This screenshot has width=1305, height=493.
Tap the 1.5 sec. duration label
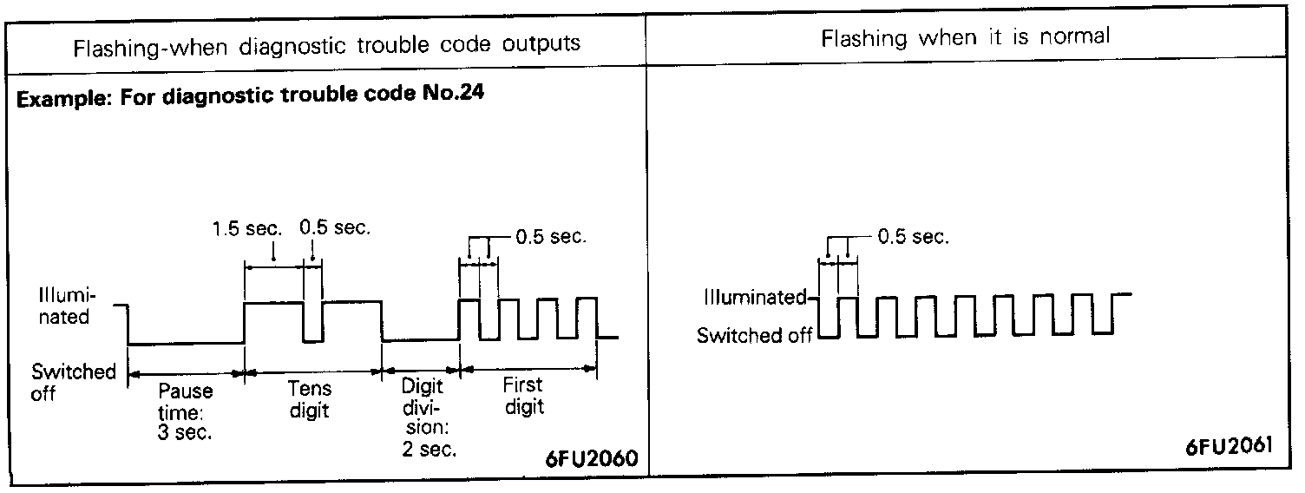[247, 229]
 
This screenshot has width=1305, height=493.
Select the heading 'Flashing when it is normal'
[966, 37]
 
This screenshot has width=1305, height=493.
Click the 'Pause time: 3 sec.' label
[185, 412]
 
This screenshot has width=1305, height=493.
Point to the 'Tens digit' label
[309, 399]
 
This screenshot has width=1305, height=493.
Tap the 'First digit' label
[523, 396]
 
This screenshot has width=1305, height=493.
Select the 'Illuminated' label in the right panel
[754, 298]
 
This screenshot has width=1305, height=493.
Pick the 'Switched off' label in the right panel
[755, 335]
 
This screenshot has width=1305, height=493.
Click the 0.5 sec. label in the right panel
[913, 238]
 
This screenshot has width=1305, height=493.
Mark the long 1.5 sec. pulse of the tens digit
[274, 303]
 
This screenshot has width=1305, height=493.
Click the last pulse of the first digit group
[587, 299]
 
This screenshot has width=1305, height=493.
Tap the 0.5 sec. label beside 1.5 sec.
[335, 229]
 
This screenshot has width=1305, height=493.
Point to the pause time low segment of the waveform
[186, 344]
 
